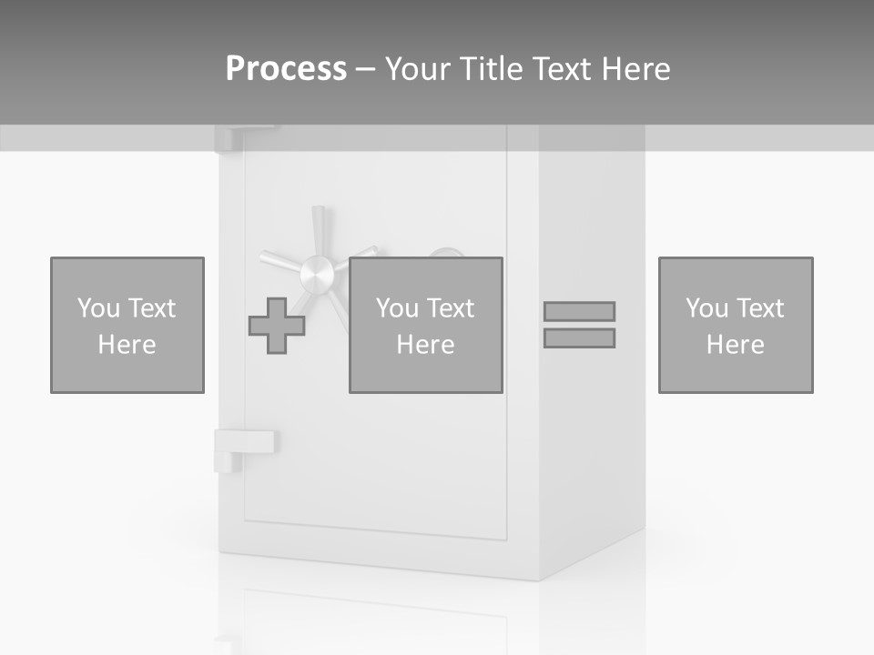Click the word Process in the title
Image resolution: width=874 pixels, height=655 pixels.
(286, 69)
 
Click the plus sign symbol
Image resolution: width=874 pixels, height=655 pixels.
(277, 326)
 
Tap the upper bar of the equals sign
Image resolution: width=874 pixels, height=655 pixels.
(579, 311)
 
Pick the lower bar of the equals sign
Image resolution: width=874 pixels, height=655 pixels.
(579, 338)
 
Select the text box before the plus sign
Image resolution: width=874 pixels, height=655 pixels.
(127, 325)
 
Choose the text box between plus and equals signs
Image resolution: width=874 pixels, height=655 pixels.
(426, 325)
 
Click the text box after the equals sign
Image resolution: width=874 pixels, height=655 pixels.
(736, 325)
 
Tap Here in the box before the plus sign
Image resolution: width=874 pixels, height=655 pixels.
(127, 345)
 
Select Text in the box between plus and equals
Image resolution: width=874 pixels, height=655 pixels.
(452, 308)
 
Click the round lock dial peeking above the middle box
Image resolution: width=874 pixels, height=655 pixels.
(445, 252)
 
